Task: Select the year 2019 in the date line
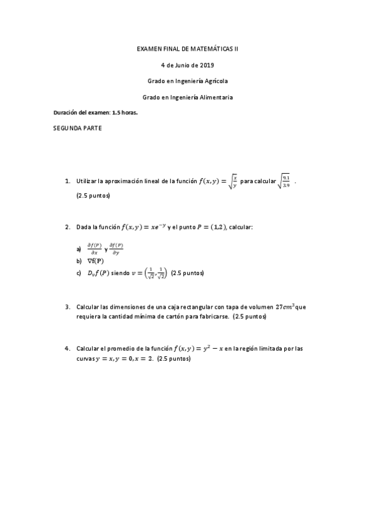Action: tap(206, 64)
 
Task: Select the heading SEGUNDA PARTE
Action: tap(78, 129)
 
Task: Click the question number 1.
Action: tap(67, 182)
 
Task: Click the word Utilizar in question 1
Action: tap(87, 182)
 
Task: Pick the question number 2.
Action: tap(67, 227)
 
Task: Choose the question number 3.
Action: tap(67, 307)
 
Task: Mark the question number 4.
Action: tap(67, 349)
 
